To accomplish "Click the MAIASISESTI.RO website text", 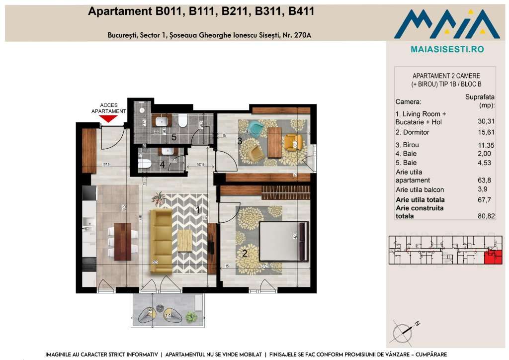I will [x=447, y=49].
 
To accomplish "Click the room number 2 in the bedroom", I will [x=244, y=253].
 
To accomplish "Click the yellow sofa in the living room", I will [x=161, y=241].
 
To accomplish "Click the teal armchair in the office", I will [x=255, y=129].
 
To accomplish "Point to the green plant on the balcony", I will [x=190, y=316].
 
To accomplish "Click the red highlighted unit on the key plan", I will [x=493, y=257].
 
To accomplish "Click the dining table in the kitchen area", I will [x=122, y=238].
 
